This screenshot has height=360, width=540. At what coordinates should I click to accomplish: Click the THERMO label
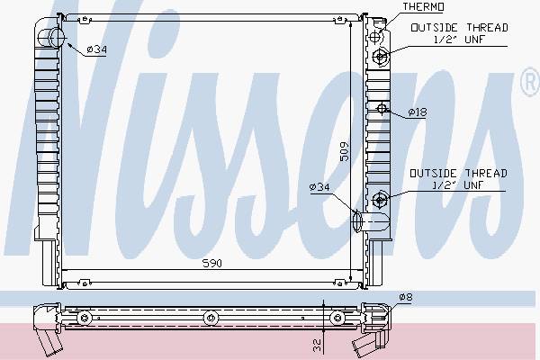(x=423, y=6)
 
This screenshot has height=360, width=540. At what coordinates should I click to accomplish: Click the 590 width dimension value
(x=211, y=264)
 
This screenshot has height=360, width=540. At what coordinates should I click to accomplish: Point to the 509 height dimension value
(x=344, y=151)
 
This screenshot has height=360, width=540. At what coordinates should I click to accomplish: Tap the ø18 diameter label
(x=418, y=112)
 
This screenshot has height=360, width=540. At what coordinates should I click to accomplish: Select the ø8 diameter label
(x=406, y=297)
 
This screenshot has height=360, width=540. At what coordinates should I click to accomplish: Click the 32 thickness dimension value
(x=318, y=346)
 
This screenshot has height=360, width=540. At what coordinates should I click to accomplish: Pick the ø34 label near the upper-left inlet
(x=97, y=49)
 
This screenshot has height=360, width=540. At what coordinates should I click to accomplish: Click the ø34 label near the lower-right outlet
(x=319, y=187)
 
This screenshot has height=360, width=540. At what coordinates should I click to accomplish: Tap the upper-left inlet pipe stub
(x=51, y=38)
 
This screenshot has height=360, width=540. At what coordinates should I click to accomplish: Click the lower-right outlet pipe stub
(x=371, y=222)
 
